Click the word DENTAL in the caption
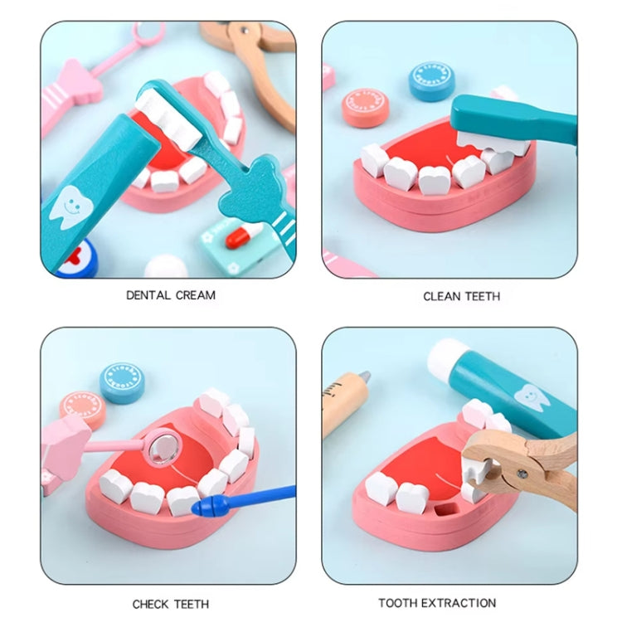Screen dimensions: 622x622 click(148, 295)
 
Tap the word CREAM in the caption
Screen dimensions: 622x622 click(196, 295)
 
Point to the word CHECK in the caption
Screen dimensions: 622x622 click(151, 604)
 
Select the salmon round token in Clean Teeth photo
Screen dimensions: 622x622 click(365, 107)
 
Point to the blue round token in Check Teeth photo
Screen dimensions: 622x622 click(122, 383)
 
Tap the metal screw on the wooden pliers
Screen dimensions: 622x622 click(522, 474)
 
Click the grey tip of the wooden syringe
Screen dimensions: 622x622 click(364, 376)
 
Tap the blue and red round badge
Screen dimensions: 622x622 click(76, 258)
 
